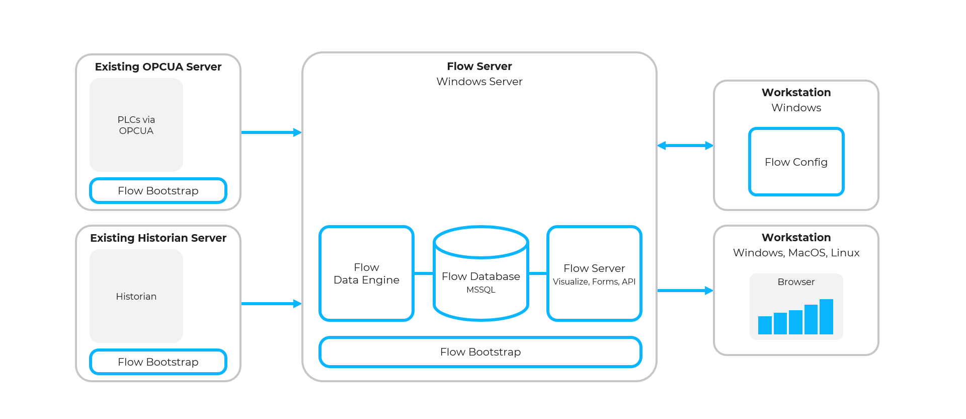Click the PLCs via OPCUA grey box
(136, 125)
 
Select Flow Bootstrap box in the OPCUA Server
(158, 191)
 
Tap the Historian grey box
(136, 296)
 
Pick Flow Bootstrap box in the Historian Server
(158, 362)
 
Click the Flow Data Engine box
(366, 273)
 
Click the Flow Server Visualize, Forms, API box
(594, 273)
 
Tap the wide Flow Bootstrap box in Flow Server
(480, 352)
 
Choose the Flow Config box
(796, 162)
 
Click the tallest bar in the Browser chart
(826, 317)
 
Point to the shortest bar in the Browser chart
(765, 325)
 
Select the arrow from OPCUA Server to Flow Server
(271, 132)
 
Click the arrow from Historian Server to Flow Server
(271, 304)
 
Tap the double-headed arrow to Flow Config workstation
(685, 146)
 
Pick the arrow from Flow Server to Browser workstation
(685, 291)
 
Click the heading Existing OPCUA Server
(158, 66)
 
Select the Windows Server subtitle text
(479, 82)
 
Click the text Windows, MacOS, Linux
(796, 253)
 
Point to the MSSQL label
(480, 290)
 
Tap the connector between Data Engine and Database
(424, 273)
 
